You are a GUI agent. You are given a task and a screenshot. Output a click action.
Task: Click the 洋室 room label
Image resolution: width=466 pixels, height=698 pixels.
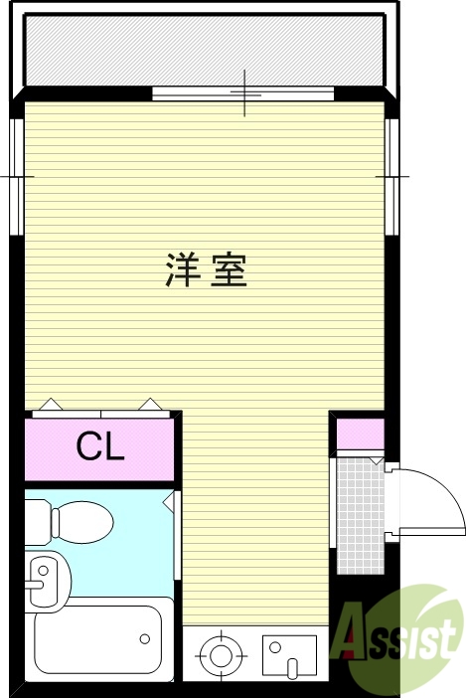coord(206,270)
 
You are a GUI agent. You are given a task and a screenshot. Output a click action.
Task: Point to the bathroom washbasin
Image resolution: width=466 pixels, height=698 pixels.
coord(41,577)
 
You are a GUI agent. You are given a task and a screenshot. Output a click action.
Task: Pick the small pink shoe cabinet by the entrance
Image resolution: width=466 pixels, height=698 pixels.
coord(359,435)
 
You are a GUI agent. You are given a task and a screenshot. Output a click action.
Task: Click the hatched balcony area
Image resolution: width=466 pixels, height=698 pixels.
coord(203,52)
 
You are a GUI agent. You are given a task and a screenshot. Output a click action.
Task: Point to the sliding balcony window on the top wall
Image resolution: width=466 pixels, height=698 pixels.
coord(244,94)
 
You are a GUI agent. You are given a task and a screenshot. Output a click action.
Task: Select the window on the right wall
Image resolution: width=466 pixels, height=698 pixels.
coord(392,176)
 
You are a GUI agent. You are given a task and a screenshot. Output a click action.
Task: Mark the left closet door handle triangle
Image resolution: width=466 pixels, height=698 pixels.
coord(49,405)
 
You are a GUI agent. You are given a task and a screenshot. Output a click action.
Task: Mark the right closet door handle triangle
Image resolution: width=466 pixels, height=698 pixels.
coord(149,405)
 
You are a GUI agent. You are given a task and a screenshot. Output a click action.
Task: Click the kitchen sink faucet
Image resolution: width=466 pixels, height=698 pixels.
coord(292,664)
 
